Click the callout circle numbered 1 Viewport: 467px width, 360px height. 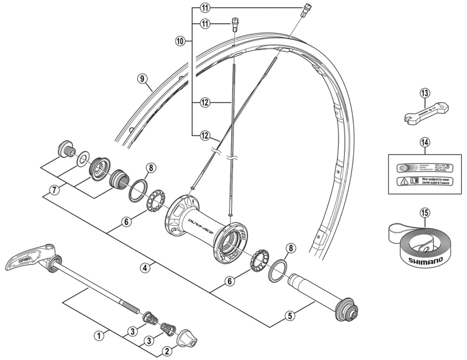coord(99,335)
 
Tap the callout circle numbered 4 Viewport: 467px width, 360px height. coord(146,268)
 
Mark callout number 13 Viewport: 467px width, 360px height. coord(424,93)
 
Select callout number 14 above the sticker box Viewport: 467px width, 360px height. coord(424,142)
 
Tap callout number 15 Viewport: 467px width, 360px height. coord(424,214)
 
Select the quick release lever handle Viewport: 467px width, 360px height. coord(29,258)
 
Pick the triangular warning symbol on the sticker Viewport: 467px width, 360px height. coord(403,181)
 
